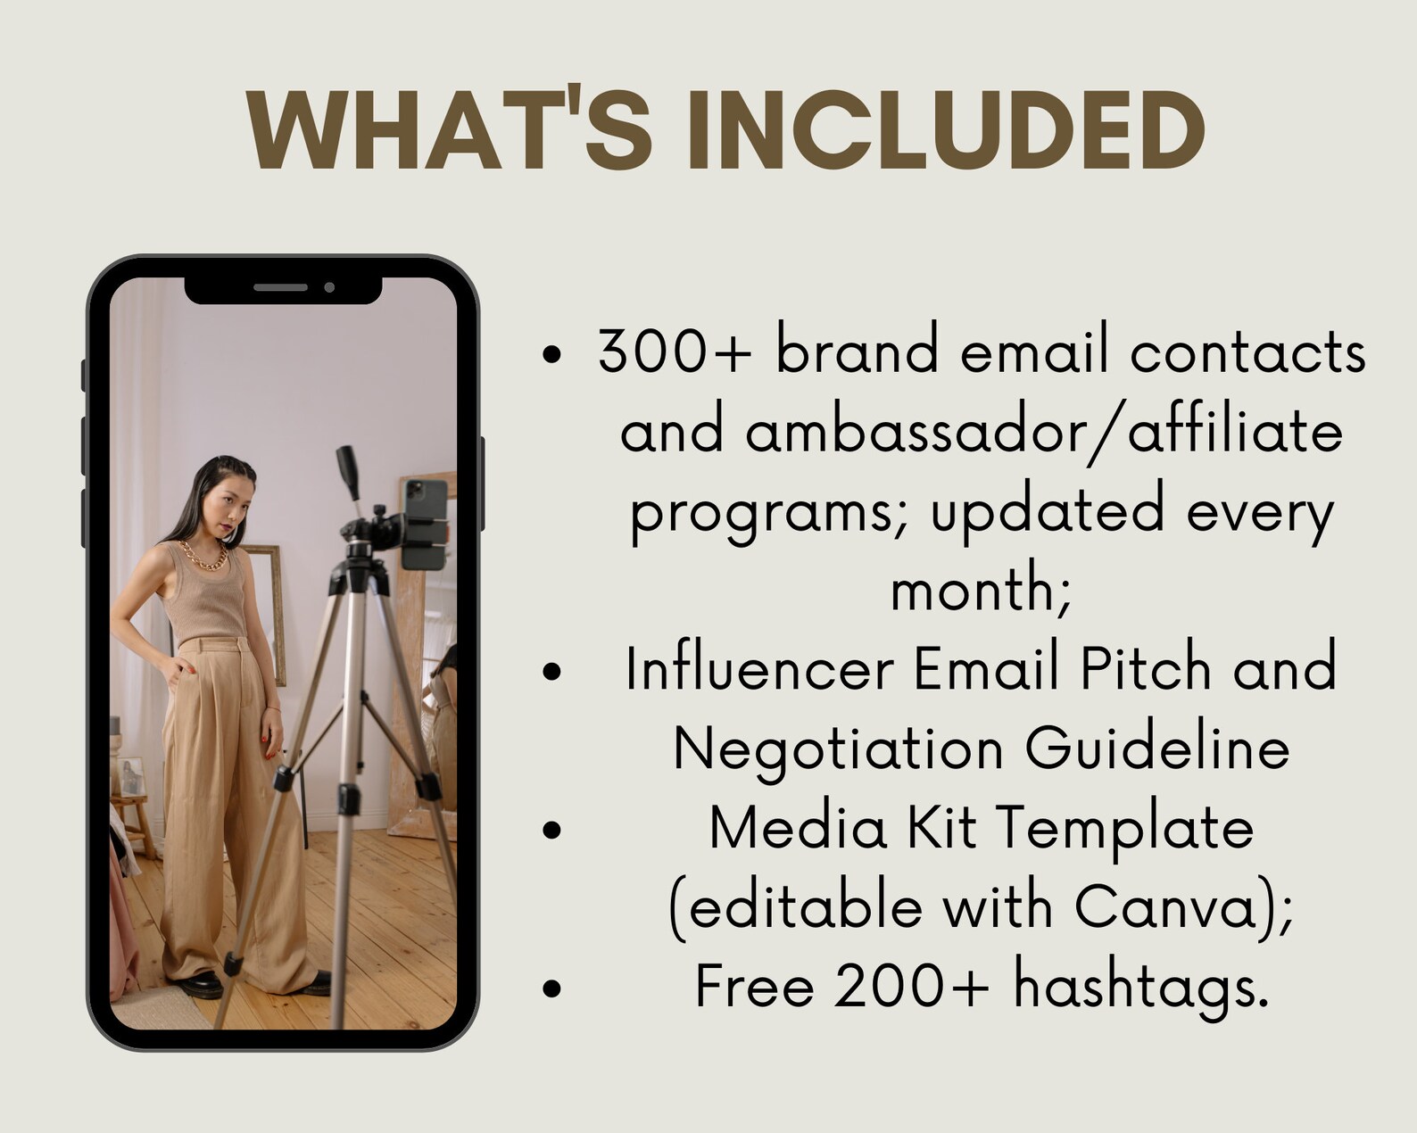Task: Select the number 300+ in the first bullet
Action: pyautogui.click(x=674, y=351)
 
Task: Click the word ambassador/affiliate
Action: pyautogui.click(x=982, y=432)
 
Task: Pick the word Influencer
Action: pyautogui.click(x=759, y=669)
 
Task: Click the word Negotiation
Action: pyautogui.click(x=838, y=748)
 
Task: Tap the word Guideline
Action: pyautogui.click(x=1156, y=748)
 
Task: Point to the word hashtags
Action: pyautogui.click(x=1141, y=987)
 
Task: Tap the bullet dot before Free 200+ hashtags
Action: pyautogui.click(x=552, y=988)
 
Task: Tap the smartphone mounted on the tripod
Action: pyautogui.click(x=424, y=523)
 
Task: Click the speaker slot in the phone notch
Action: pyautogui.click(x=280, y=287)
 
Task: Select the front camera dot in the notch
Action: pyautogui.click(x=329, y=287)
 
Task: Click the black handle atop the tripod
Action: pyautogui.click(x=347, y=474)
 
